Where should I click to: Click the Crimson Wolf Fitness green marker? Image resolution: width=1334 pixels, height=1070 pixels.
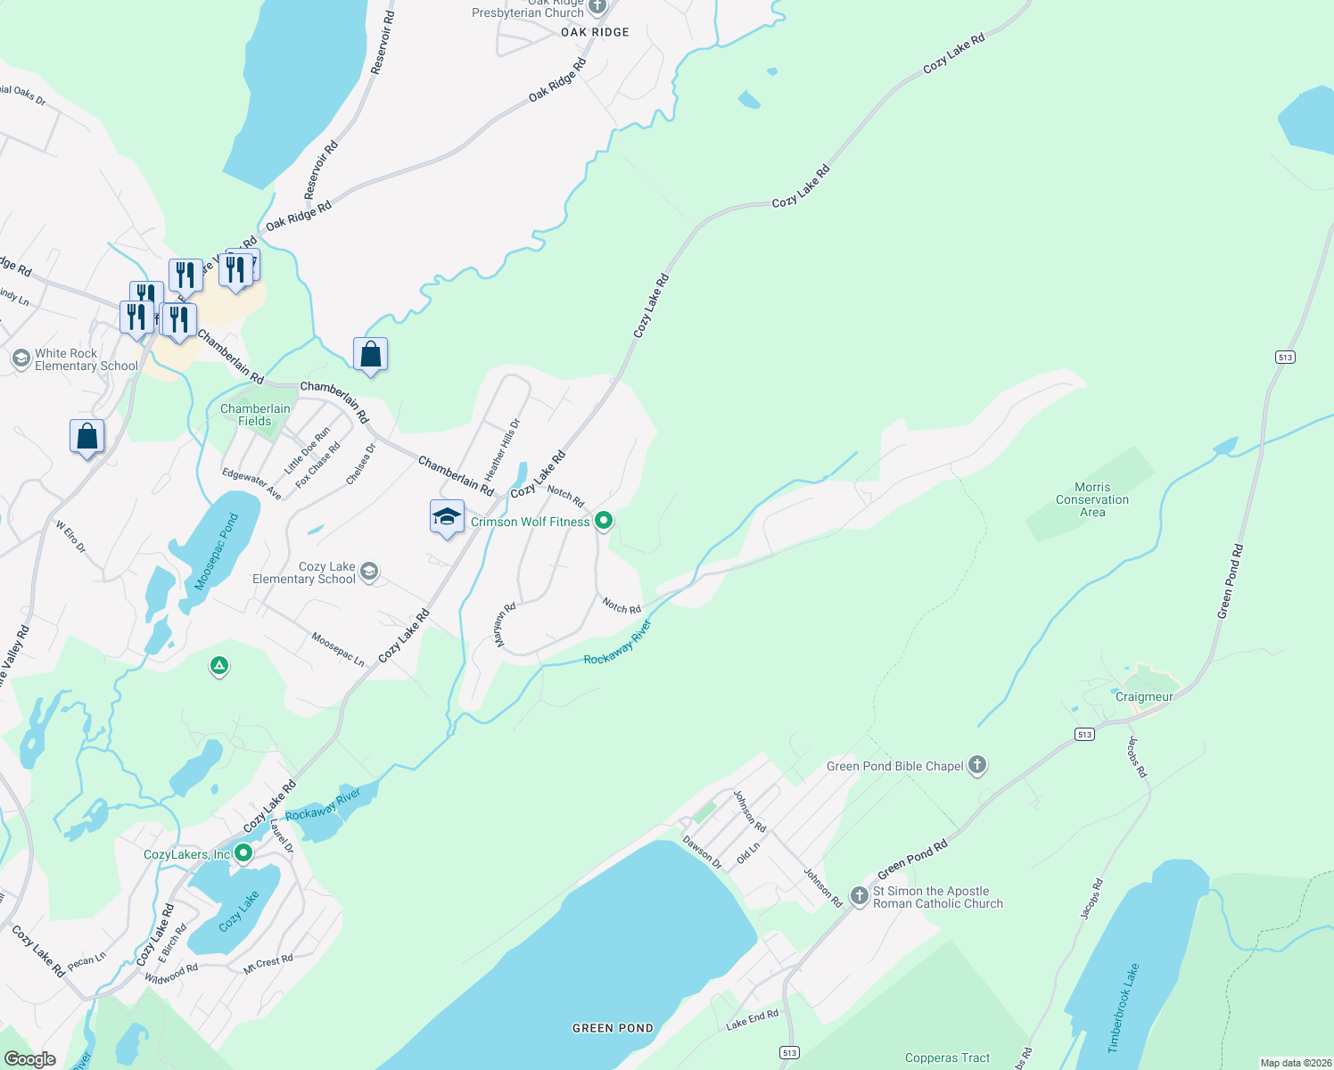coord(604,521)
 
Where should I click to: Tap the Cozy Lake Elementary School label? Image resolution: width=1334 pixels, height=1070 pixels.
coord(304,573)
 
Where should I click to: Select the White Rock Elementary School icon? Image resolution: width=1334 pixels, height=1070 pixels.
coord(21,358)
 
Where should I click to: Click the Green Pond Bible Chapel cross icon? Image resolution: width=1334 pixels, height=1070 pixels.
coord(977,765)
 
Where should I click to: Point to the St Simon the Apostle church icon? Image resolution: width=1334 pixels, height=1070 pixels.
coord(859,896)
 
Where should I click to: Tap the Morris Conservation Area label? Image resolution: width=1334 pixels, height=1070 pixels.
coord(1092,500)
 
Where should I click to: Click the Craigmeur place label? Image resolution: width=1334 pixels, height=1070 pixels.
coord(1144,697)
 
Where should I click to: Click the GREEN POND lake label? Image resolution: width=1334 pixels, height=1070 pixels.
coord(613,1028)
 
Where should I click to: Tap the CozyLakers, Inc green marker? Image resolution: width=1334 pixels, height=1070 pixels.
coord(243,854)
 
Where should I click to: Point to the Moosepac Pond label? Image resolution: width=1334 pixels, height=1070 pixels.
coord(217,551)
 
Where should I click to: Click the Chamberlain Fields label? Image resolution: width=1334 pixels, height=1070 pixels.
coord(255,415)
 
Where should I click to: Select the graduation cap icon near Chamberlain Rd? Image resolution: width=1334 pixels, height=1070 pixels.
coord(447,517)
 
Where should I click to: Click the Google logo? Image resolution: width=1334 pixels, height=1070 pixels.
coord(30,1058)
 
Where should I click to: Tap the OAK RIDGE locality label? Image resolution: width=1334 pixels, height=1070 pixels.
coord(595,32)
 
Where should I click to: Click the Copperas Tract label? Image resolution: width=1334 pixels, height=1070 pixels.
coord(947,1058)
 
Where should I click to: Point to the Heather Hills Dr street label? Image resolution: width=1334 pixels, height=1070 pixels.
coord(502,450)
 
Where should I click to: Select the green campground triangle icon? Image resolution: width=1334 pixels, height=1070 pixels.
coord(219,666)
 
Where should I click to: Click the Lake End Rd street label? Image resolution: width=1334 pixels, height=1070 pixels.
coord(752,1020)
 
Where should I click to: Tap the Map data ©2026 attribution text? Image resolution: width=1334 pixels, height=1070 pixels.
coord(1295,1063)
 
